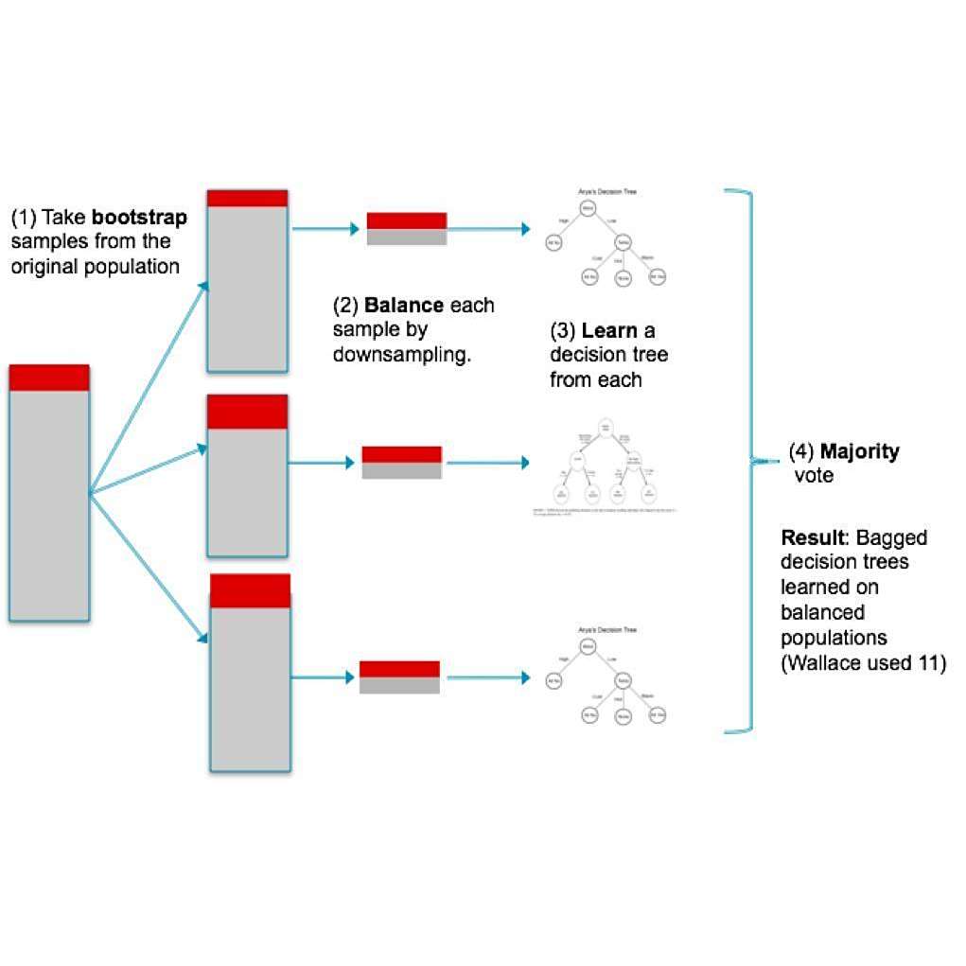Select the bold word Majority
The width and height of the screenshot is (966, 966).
point(859,452)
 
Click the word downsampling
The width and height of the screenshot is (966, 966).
point(401,356)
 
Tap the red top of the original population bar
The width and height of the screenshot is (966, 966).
point(49,378)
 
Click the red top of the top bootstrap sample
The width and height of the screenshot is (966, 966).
point(247,198)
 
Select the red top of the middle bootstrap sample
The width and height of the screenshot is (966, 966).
point(247,413)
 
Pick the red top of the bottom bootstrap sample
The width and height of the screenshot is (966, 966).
point(250,590)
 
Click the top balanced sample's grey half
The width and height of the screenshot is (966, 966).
point(406,237)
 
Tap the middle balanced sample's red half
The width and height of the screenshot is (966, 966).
point(402,454)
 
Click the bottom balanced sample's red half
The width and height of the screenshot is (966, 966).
point(399,669)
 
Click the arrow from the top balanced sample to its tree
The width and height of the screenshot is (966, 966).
point(488,230)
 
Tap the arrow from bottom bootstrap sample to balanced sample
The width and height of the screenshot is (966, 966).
point(324,677)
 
